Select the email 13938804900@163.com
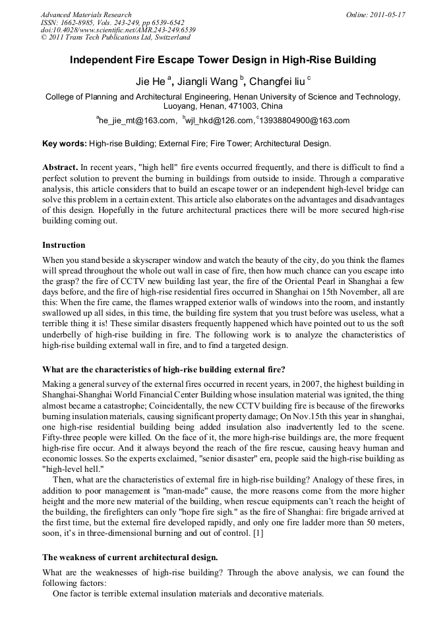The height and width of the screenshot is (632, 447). (295, 121)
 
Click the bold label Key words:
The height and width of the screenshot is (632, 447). (64, 143)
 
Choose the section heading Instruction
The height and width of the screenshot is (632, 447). (64, 244)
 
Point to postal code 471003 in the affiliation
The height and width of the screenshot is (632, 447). (247, 105)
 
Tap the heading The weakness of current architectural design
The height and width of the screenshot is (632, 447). (130, 557)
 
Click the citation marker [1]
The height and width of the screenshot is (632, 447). (258, 533)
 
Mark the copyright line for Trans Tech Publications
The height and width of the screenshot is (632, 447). (115, 38)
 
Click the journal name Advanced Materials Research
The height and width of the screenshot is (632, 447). (86, 14)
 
